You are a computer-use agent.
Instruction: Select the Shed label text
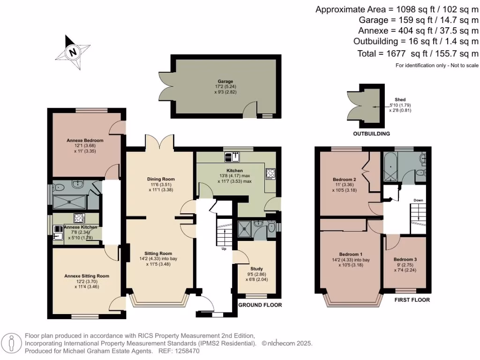[400, 99]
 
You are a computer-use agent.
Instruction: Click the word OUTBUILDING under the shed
[371, 134]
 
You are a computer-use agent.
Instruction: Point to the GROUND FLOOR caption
[260, 305]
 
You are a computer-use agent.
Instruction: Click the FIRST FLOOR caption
[412, 300]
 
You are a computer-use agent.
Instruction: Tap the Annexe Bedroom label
[85, 140]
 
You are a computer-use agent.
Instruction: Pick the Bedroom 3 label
[405, 259]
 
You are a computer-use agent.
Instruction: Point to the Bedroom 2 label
[345, 180]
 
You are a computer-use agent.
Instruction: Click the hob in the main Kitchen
[270, 173]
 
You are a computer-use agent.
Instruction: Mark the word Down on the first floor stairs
[418, 200]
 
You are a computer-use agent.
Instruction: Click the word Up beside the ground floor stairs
[224, 248]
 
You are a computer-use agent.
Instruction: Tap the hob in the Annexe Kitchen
[78, 218]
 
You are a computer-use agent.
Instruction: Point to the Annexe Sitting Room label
[87, 276]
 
